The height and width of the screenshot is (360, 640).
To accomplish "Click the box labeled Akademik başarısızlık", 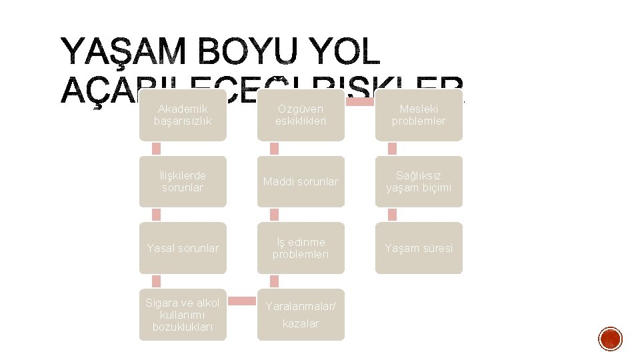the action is tap(183, 115).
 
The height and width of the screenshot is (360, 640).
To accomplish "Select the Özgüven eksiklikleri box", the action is tap(301, 115).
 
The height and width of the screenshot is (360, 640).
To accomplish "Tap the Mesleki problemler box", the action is tap(419, 115).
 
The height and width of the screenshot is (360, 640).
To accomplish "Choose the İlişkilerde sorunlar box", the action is tap(183, 181).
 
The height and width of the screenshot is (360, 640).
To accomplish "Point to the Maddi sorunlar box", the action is tap(301, 181).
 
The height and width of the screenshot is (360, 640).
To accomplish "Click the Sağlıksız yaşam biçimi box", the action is tap(419, 181).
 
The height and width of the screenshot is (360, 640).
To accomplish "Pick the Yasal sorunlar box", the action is tap(183, 248).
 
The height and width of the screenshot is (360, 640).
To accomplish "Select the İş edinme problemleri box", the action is tap(301, 248).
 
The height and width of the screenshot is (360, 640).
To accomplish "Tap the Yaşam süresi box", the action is tap(419, 248).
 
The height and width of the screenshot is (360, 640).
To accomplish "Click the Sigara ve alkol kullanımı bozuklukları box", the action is tap(183, 315).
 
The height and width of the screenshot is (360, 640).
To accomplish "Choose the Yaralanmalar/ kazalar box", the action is tap(301, 315).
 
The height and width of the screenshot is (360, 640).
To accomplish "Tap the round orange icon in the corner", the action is tap(610, 339).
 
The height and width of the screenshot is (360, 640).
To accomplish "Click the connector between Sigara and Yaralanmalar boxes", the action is tap(241, 301).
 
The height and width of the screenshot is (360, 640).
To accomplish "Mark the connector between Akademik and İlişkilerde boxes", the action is tap(157, 148).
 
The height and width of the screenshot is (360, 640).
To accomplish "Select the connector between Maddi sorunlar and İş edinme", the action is tap(274, 214).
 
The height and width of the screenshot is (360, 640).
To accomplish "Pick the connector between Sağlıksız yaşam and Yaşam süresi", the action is tap(392, 214).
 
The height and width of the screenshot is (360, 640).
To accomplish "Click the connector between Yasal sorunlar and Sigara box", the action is tap(157, 281).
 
